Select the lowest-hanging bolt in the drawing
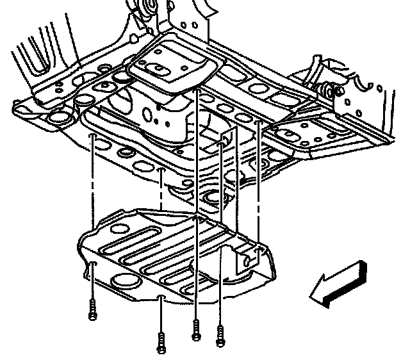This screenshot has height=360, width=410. (161, 345)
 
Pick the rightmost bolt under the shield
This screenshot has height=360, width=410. (220, 336)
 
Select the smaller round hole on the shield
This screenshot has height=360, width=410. (119, 226)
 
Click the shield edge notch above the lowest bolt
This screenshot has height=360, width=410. (161, 299)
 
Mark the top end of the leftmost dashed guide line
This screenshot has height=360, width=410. (94, 137)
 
